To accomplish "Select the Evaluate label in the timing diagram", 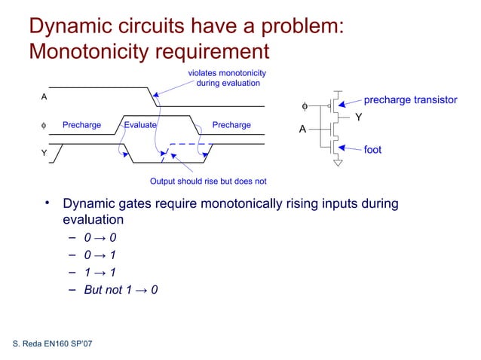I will coord(140,125).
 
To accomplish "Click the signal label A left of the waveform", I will coord(44,97).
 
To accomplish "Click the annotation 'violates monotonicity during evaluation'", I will coord(227,78).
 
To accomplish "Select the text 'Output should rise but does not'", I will coord(208,182).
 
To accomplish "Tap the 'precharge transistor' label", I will coord(410,100).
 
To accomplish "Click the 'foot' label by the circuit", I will coord(372,150).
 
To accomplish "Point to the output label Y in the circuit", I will coord(359,118).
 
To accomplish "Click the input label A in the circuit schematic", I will coord(302,130).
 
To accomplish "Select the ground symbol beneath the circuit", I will coord(339,161).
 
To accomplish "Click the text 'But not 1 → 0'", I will coord(121,290).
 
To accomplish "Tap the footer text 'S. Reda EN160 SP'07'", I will coord(54,344).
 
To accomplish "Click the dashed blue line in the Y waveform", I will coord(191,144).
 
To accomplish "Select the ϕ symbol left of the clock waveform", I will coord(44,125).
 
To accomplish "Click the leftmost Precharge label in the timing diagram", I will coord(81,125).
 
